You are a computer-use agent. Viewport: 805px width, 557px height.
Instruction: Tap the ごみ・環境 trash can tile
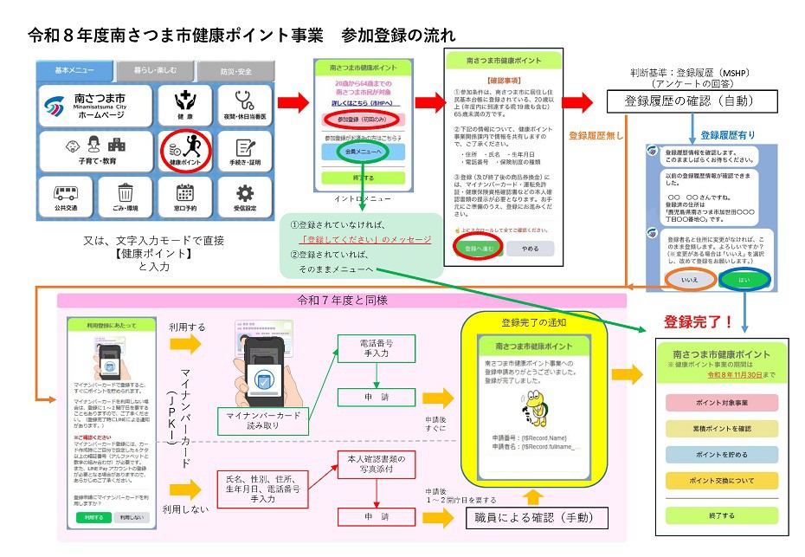point(126,197)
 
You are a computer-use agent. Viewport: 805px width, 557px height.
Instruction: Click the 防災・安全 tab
point(235,70)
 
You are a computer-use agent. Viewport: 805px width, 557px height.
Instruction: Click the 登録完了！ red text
point(698,322)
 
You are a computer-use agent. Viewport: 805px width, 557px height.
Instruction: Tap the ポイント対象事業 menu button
point(719,403)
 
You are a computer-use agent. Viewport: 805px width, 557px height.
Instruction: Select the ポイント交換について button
point(719,480)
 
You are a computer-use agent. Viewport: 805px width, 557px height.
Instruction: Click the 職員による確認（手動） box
point(535,517)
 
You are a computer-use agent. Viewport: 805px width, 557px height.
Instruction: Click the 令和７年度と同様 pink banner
point(341,301)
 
